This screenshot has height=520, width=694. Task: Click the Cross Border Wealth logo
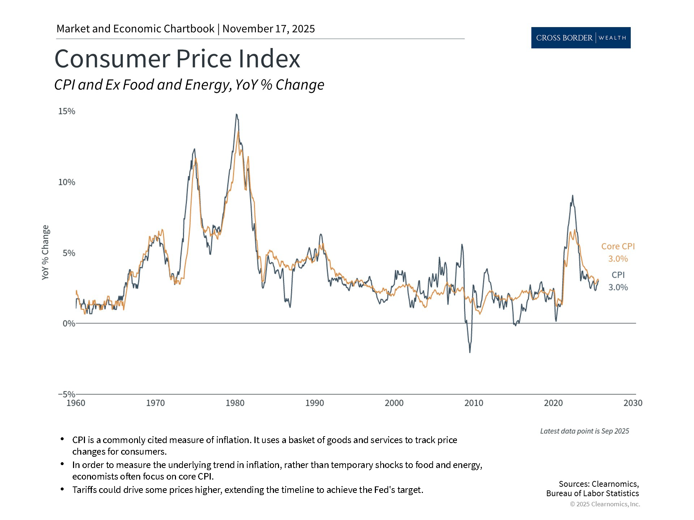pos(581,38)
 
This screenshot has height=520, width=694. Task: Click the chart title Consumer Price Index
pos(177,58)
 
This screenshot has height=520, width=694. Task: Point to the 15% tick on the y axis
pos(67,111)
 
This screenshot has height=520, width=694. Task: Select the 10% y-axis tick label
pos(67,182)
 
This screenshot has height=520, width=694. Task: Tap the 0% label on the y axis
pos(69,324)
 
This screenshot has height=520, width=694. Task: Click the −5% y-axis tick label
pos(67,394)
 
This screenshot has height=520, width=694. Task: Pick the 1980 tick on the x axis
pos(235,403)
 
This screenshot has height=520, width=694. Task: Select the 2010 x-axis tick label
pos(474,403)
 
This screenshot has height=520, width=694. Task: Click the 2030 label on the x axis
pos(633,403)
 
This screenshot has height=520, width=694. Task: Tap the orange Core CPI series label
pos(618,246)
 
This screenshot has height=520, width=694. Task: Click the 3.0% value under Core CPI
pos(618,259)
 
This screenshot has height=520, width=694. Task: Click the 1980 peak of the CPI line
pos(236,114)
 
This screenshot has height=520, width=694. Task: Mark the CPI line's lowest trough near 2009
pos(470,352)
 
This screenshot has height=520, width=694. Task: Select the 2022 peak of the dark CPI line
pos(573,196)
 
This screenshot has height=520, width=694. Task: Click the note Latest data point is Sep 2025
pos(584,431)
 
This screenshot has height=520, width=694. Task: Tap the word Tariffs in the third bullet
pos(84,490)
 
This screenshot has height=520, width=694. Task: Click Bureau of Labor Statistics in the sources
pos(592,493)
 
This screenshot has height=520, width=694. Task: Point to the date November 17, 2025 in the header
pos(269,29)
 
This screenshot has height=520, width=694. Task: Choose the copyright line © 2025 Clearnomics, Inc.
pos(605,504)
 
